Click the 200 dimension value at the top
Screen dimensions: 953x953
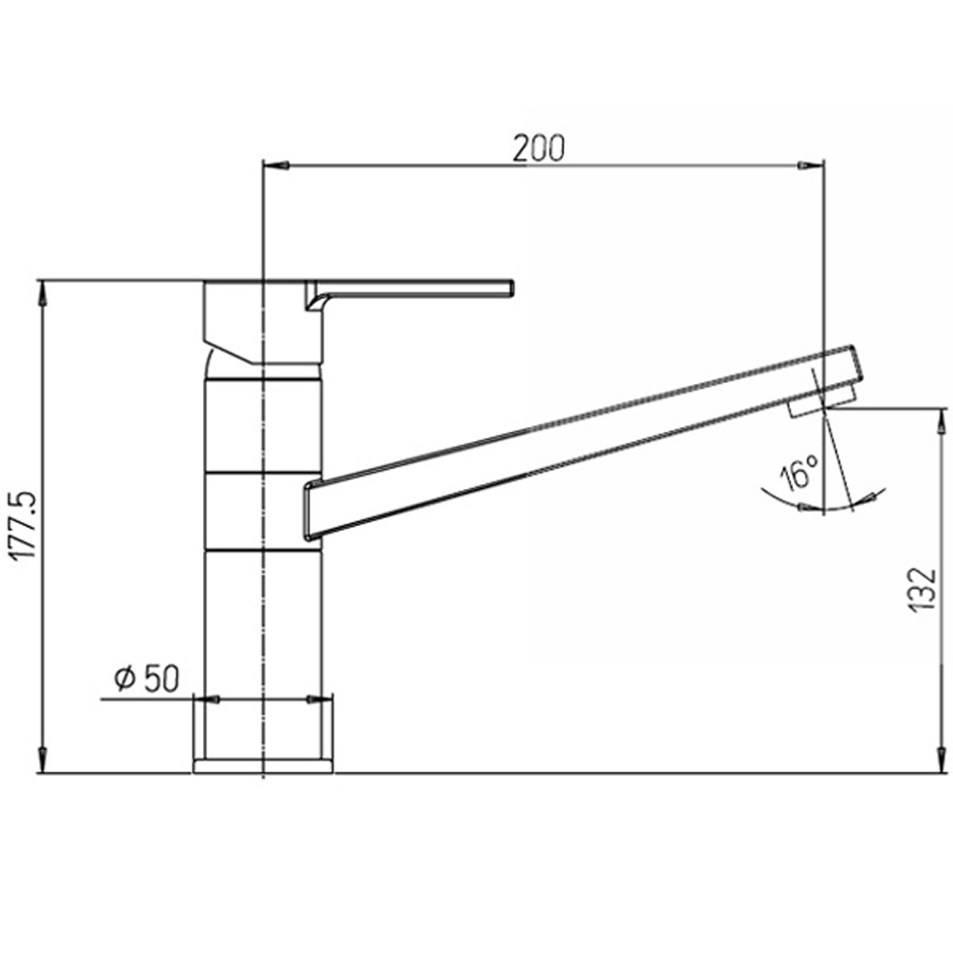(x=539, y=148)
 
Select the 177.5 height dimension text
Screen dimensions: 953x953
(x=21, y=525)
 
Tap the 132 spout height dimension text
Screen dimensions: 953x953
(x=920, y=588)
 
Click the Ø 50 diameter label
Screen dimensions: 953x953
(x=147, y=678)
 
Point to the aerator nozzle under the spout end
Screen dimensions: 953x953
(x=806, y=408)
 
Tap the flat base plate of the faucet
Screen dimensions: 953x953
(x=263, y=765)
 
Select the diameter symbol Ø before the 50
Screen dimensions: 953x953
(x=123, y=678)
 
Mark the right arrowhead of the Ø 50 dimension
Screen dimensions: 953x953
(x=314, y=700)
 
